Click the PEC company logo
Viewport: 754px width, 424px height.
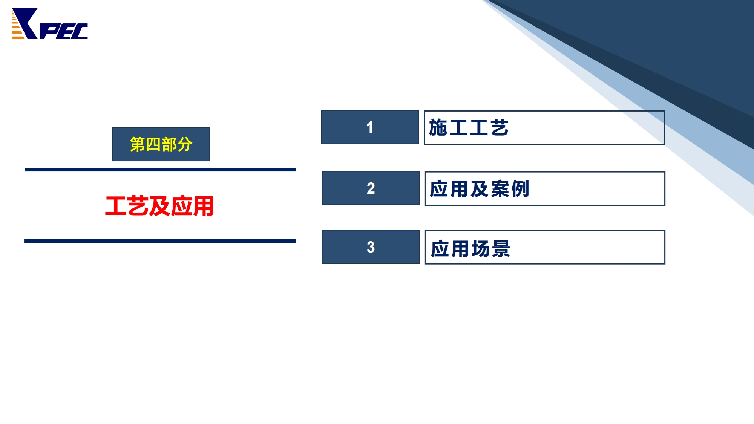point(50,23)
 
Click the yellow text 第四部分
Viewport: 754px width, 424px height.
point(161,144)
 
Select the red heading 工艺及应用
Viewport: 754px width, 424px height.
point(159,206)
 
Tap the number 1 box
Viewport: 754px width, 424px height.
point(370,127)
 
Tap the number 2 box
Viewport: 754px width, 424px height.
point(371,188)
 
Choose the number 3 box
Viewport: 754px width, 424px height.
point(371,247)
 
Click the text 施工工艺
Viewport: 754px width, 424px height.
point(469,127)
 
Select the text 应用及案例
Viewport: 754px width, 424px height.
point(480,189)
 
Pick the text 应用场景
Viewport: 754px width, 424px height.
point(470,249)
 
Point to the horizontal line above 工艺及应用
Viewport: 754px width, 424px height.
point(160,170)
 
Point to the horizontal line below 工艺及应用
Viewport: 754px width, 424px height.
point(160,241)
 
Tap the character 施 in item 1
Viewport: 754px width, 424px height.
point(438,127)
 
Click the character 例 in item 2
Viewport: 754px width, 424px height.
point(520,189)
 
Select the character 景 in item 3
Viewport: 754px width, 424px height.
point(501,249)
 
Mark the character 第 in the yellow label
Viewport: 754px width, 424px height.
point(137,144)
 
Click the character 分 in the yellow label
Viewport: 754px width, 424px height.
point(185,144)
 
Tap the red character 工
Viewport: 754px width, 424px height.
point(116,206)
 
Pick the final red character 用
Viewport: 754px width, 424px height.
point(204,206)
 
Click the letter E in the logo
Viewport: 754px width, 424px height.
point(64,31)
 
